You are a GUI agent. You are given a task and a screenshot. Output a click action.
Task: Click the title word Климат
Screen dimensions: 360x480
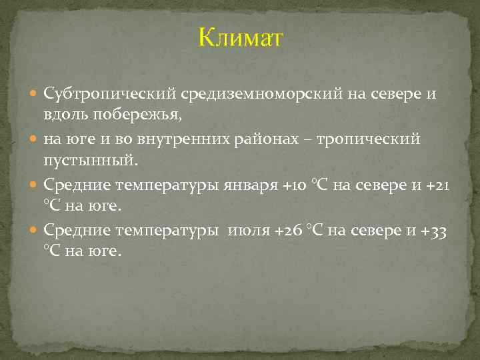click(x=240, y=38)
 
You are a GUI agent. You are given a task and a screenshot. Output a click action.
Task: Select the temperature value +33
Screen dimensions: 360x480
click(x=435, y=231)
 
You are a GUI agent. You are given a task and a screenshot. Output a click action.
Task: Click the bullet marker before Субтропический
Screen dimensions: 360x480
click(x=35, y=94)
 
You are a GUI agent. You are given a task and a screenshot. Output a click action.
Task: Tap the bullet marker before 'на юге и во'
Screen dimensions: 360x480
click(x=35, y=140)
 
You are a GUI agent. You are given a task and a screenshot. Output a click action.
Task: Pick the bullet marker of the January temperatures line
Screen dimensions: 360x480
click(x=35, y=185)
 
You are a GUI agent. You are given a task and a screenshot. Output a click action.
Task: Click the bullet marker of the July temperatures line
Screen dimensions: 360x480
click(x=35, y=231)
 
